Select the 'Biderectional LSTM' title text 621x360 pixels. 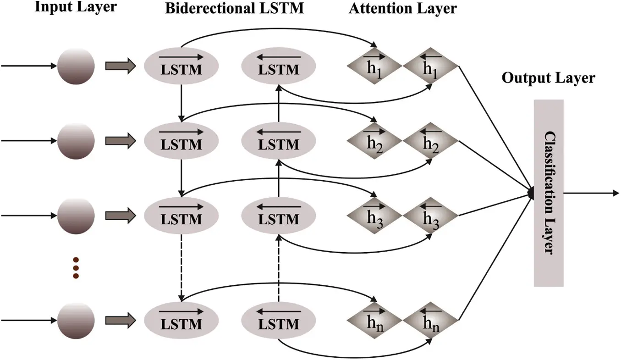pyautogui.click(x=234, y=9)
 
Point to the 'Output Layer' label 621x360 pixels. pyautogui.click(x=548, y=78)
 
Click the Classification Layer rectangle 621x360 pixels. pyautogui.click(x=548, y=193)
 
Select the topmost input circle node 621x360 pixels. pyautogui.click(x=76, y=66)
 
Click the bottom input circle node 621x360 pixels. pyautogui.click(x=76, y=321)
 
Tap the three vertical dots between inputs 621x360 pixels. pyautogui.click(x=76, y=268)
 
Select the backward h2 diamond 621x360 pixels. pyautogui.click(x=430, y=141)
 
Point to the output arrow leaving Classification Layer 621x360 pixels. pyautogui.click(x=591, y=193)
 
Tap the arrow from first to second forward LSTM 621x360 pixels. pyautogui.click(x=182, y=103)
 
